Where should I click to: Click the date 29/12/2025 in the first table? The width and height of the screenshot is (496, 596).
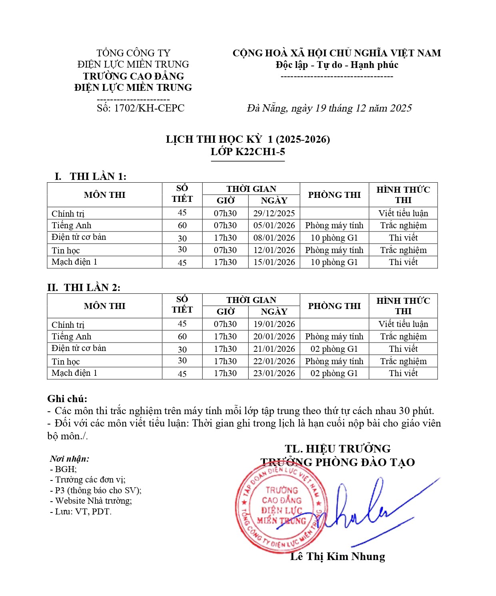(x=274, y=213)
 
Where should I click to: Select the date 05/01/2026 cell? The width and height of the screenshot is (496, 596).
(x=274, y=225)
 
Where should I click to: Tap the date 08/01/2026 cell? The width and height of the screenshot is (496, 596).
(x=274, y=238)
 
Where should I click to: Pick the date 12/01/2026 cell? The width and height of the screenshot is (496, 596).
(x=274, y=250)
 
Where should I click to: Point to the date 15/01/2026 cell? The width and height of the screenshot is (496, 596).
(x=274, y=262)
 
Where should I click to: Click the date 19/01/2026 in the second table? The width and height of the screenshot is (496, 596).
(x=274, y=324)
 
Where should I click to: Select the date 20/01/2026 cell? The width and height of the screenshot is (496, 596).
(x=274, y=337)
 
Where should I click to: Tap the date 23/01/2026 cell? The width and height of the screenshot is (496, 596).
(x=274, y=373)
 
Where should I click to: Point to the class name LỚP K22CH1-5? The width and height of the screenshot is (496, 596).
(x=248, y=152)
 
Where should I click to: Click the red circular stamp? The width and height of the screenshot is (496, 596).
(x=281, y=508)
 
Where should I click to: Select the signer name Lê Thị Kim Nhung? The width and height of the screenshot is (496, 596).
(x=337, y=557)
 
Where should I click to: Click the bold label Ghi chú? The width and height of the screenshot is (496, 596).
(x=67, y=399)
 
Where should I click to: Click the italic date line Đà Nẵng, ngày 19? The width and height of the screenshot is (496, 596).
(x=329, y=108)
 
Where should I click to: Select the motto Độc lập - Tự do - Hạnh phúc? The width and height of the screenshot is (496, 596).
(x=337, y=65)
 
